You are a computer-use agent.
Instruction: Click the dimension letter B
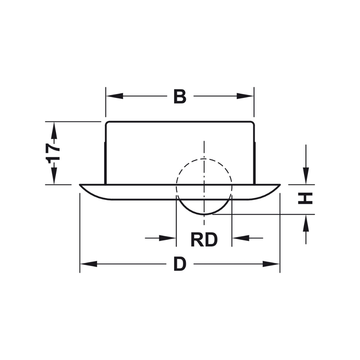(x=180, y=96)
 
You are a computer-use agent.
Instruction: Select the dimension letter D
(x=180, y=264)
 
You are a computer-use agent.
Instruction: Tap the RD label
(x=204, y=240)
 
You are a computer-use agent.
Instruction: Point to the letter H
(x=305, y=198)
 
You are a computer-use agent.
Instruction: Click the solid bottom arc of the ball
(x=204, y=214)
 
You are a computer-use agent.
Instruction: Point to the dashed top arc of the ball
(x=204, y=159)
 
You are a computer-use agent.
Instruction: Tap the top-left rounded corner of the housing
(x=107, y=123)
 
